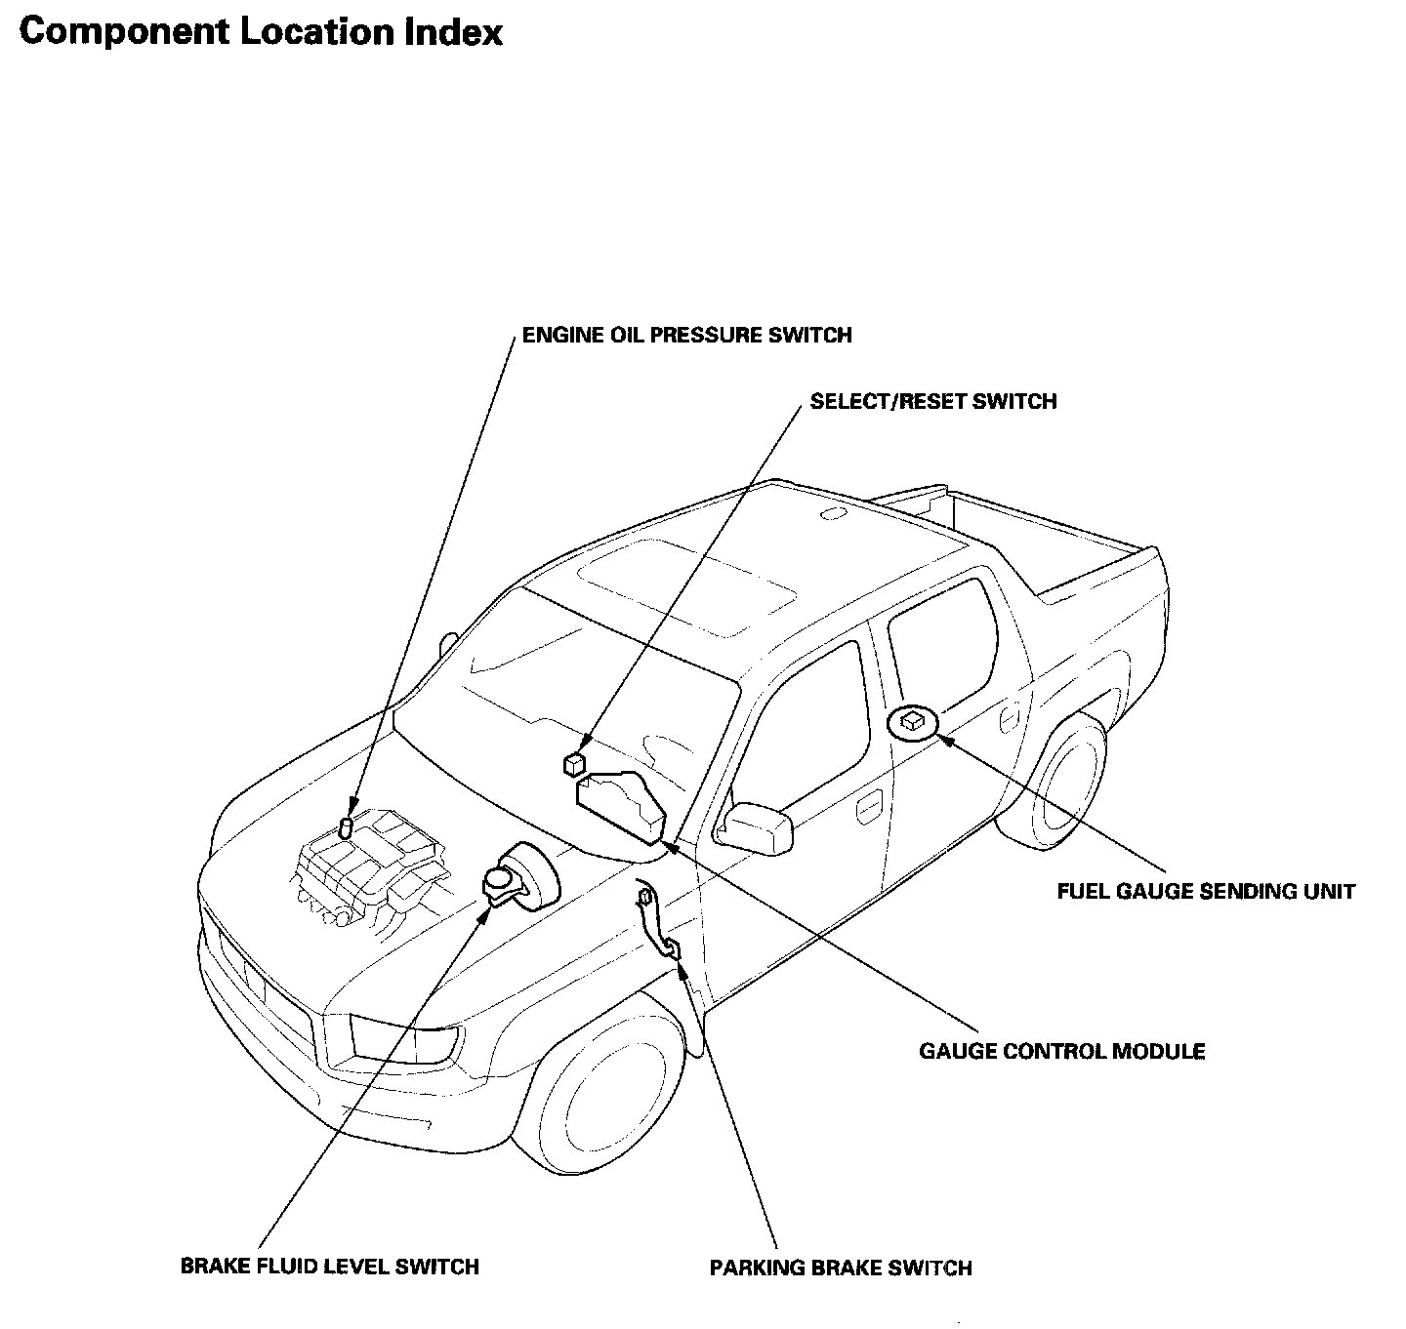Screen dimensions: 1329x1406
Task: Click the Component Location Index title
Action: click(x=261, y=32)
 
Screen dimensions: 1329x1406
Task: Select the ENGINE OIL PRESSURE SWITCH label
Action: click(x=686, y=335)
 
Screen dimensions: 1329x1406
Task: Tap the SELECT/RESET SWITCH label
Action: click(x=932, y=401)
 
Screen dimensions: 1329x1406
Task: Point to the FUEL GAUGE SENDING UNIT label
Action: click(x=1206, y=891)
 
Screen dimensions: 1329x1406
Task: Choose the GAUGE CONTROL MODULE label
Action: click(x=1061, y=1051)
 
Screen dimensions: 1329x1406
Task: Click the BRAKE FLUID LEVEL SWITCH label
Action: click(x=330, y=1267)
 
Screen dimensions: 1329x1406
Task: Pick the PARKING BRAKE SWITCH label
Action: click(x=840, y=1268)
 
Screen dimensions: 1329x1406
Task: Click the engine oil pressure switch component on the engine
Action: click(x=346, y=827)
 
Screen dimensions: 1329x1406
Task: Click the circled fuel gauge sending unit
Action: click(x=913, y=721)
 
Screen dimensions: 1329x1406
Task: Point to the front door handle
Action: click(x=865, y=809)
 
